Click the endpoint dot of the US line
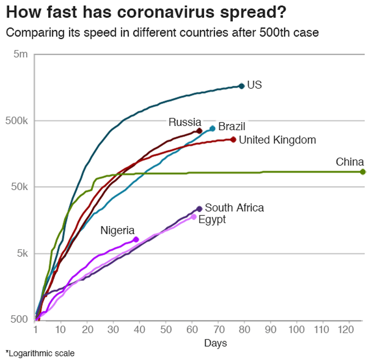click(241, 86)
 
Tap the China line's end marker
click(363, 172)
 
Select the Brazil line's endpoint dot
click(212, 128)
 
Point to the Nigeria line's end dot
click(136, 239)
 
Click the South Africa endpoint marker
click(199, 209)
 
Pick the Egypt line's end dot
click(194, 217)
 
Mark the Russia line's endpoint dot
click(199, 131)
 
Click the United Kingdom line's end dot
click(233, 139)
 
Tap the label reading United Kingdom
click(277, 140)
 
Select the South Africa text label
click(234, 208)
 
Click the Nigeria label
click(117, 230)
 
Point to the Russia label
click(185, 122)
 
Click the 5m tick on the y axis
click(21, 54)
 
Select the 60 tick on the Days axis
click(192, 330)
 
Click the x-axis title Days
click(215, 343)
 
